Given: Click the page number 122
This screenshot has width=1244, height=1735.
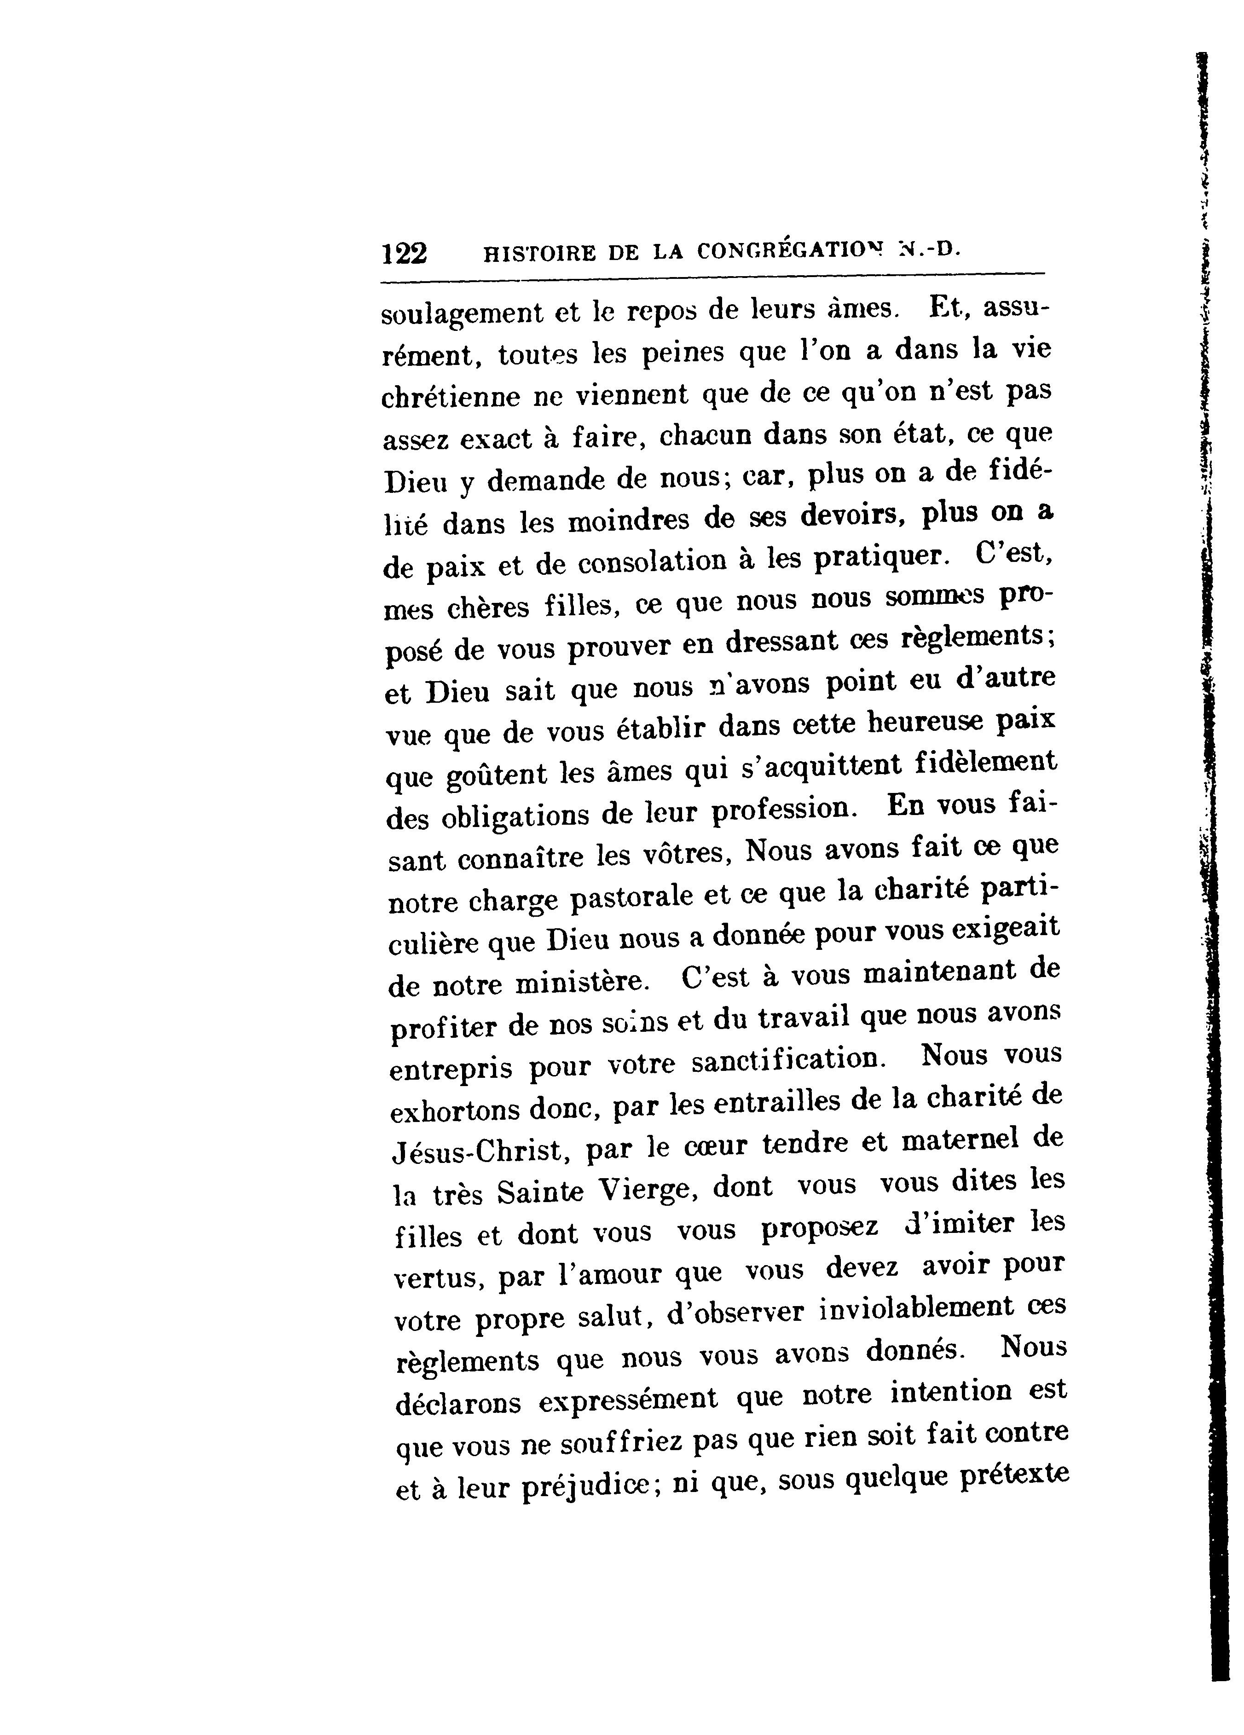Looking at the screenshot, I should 405,253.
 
